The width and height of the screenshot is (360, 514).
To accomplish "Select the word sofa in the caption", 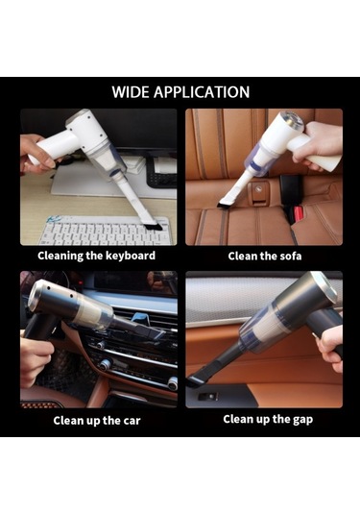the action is click(290, 256).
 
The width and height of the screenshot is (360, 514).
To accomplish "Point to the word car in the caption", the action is click(132, 421).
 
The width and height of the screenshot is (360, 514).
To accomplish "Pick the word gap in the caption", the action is click(302, 420).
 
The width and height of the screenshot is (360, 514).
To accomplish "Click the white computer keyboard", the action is click(106, 230).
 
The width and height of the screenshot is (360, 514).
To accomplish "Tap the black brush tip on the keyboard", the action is click(154, 227).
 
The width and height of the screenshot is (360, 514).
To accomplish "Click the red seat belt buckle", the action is click(298, 213).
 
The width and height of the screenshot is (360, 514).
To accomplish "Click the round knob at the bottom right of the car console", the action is click(172, 383).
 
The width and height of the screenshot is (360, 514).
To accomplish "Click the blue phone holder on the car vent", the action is click(140, 319).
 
